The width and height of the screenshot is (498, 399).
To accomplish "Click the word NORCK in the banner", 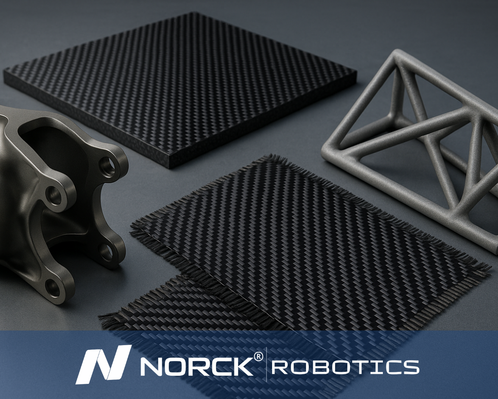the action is [x=198, y=368].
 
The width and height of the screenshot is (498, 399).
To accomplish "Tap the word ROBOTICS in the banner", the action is [x=345, y=367].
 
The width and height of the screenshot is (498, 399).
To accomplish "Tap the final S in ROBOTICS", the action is [x=409, y=367].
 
